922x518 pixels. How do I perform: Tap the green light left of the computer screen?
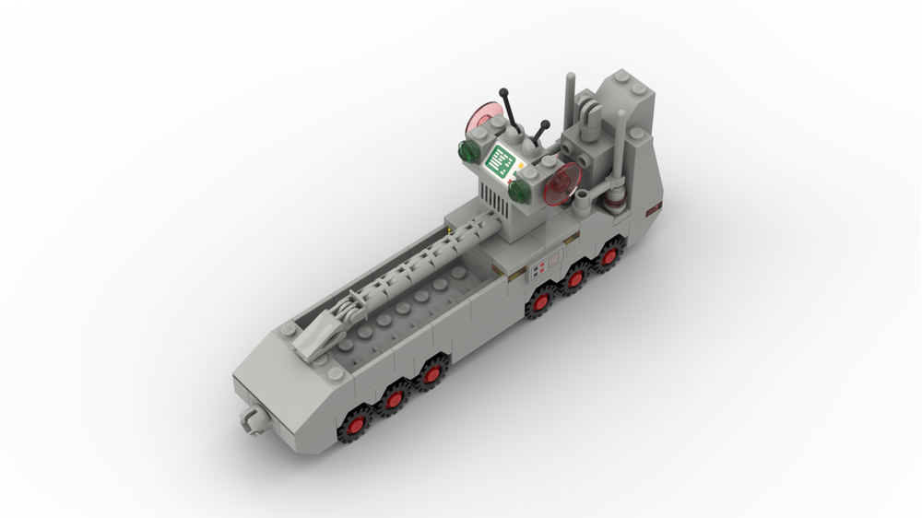pyautogui.click(x=467, y=149)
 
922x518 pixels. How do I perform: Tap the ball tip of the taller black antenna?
pyautogui.click(x=503, y=92)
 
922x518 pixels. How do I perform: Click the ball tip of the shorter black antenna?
pyautogui.click(x=545, y=124)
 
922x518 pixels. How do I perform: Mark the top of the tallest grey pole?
pyautogui.click(x=571, y=77)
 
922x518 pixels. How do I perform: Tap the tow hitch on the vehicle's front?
pyautogui.click(x=249, y=418)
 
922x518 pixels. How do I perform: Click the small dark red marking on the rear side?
pyautogui.click(x=654, y=210)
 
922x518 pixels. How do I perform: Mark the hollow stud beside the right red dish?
pyautogui.click(x=583, y=195)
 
